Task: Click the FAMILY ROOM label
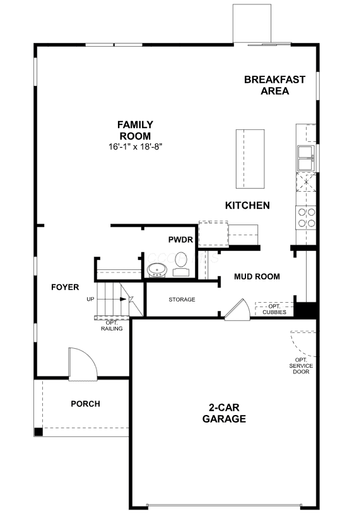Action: click(135, 130)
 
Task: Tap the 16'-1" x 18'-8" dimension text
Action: click(136, 147)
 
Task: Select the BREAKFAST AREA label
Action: click(275, 85)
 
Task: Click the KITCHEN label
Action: click(247, 206)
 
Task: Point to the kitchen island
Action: click(250, 159)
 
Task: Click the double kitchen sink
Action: click(306, 158)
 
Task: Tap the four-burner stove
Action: click(306, 218)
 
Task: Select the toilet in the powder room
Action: click(180, 264)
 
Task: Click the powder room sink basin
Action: click(156, 271)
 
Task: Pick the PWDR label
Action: click(180, 240)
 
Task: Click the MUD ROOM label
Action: click(257, 277)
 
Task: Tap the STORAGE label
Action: click(182, 300)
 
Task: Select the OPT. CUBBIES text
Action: click(274, 309)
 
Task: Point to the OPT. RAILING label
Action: click(112, 325)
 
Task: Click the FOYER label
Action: click(65, 288)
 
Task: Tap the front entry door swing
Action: click(83, 364)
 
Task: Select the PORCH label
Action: click(85, 404)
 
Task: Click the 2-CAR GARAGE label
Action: click(224, 413)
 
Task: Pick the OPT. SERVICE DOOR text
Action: click(301, 366)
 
